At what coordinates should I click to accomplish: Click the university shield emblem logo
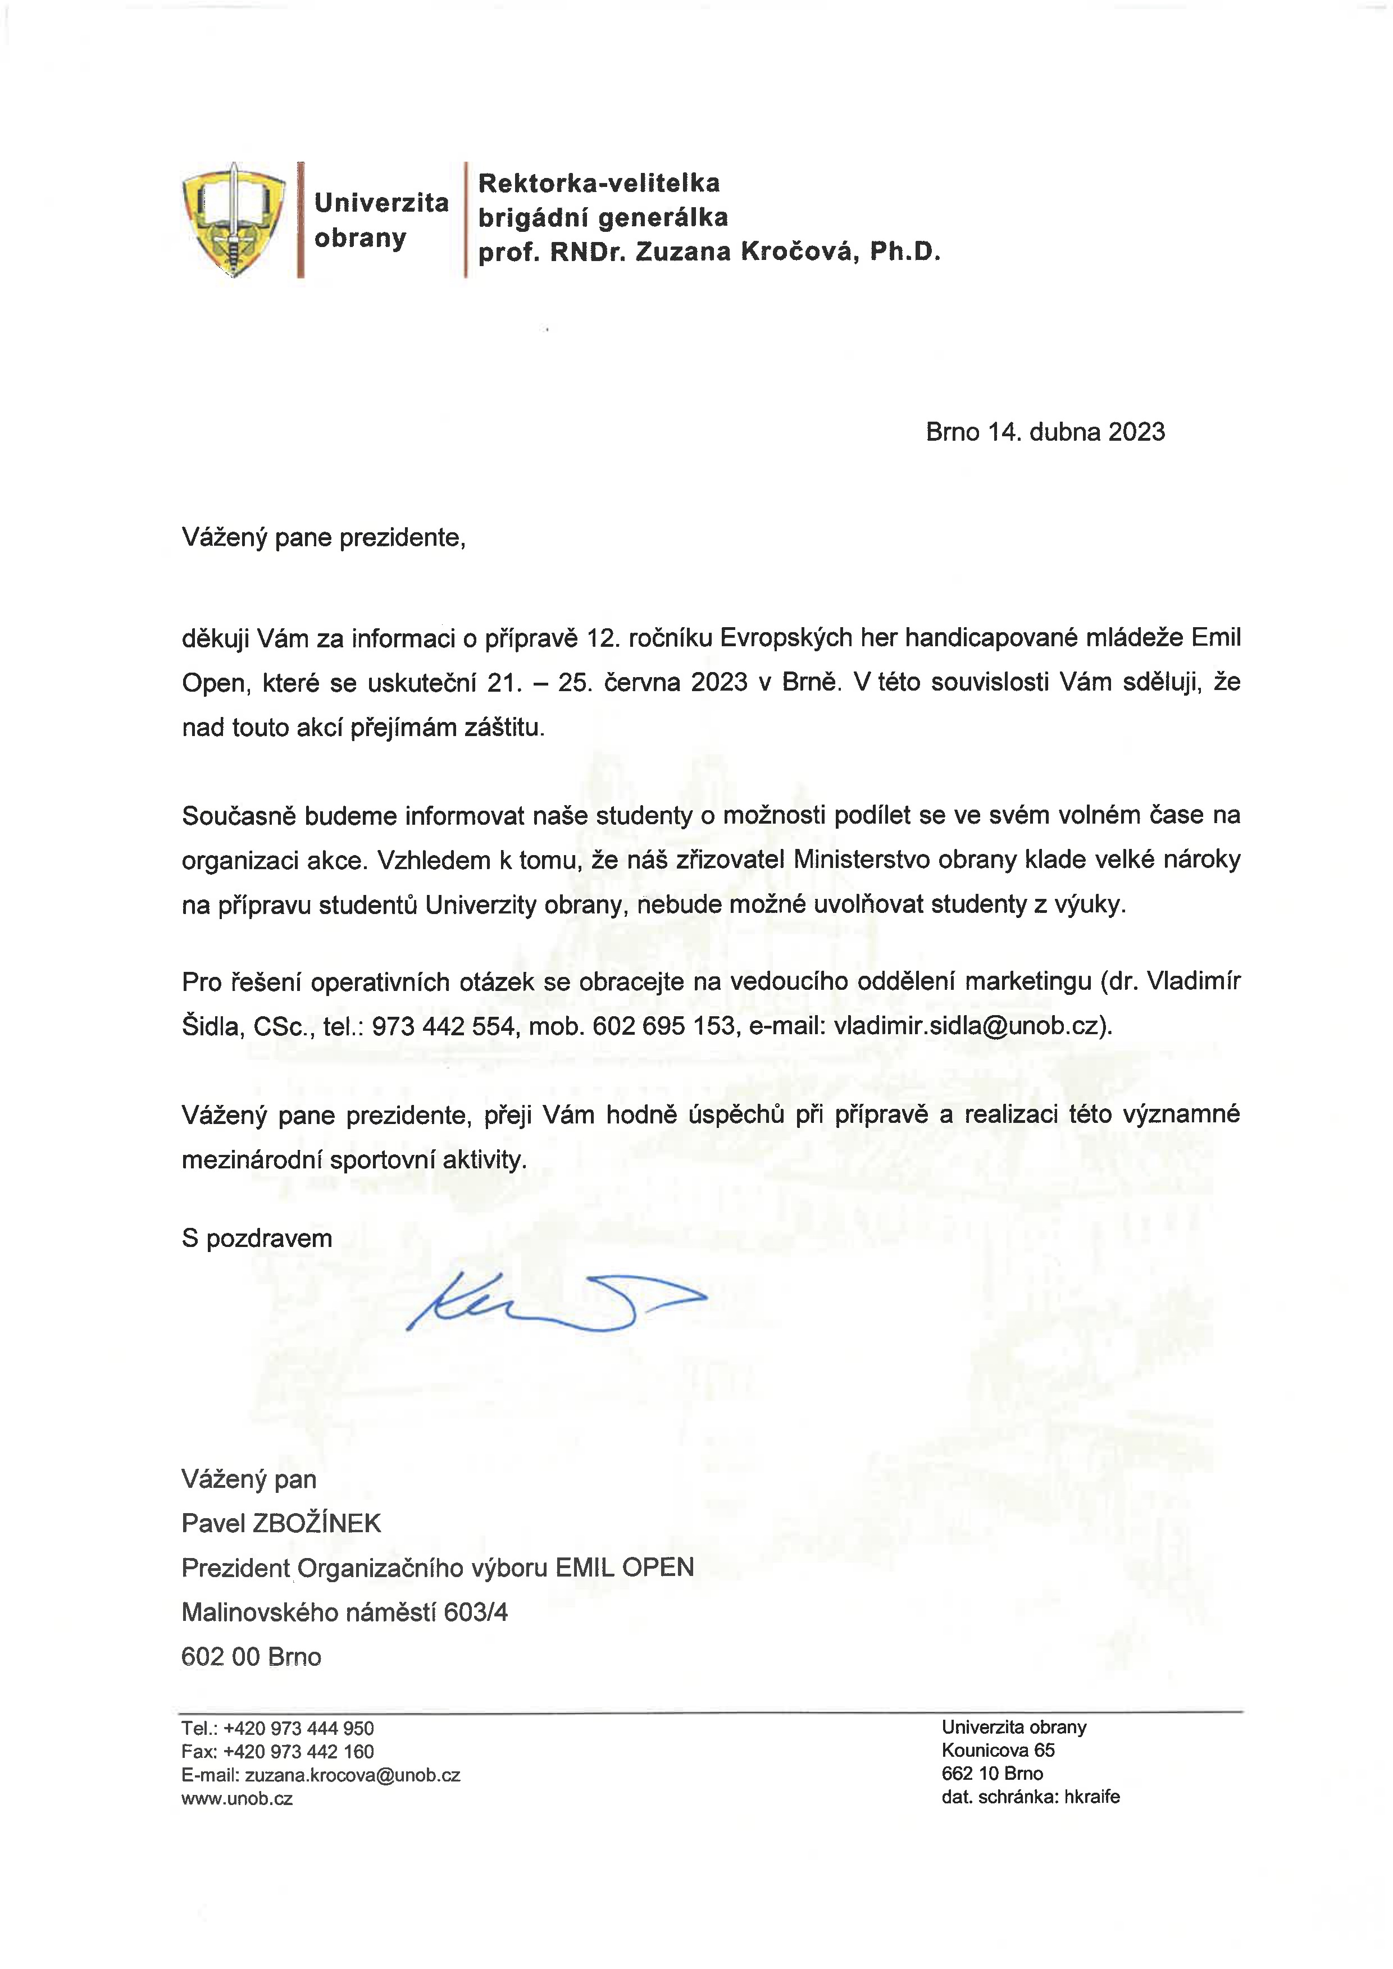point(233,220)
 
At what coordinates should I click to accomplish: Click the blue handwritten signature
point(556,1300)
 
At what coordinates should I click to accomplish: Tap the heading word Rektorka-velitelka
point(599,182)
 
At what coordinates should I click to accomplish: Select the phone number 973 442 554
point(444,1026)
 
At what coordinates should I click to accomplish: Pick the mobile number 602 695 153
point(664,1026)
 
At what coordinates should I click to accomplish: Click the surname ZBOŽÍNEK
point(316,1523)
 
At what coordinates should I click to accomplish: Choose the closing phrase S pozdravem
point(257,1239)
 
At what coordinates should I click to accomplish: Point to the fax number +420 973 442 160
point(298,1752)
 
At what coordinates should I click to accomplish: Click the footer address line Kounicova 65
point(998,1751)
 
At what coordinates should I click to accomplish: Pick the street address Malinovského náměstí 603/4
point(344,1612)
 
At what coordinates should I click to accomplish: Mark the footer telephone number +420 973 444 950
point(298,1728)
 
